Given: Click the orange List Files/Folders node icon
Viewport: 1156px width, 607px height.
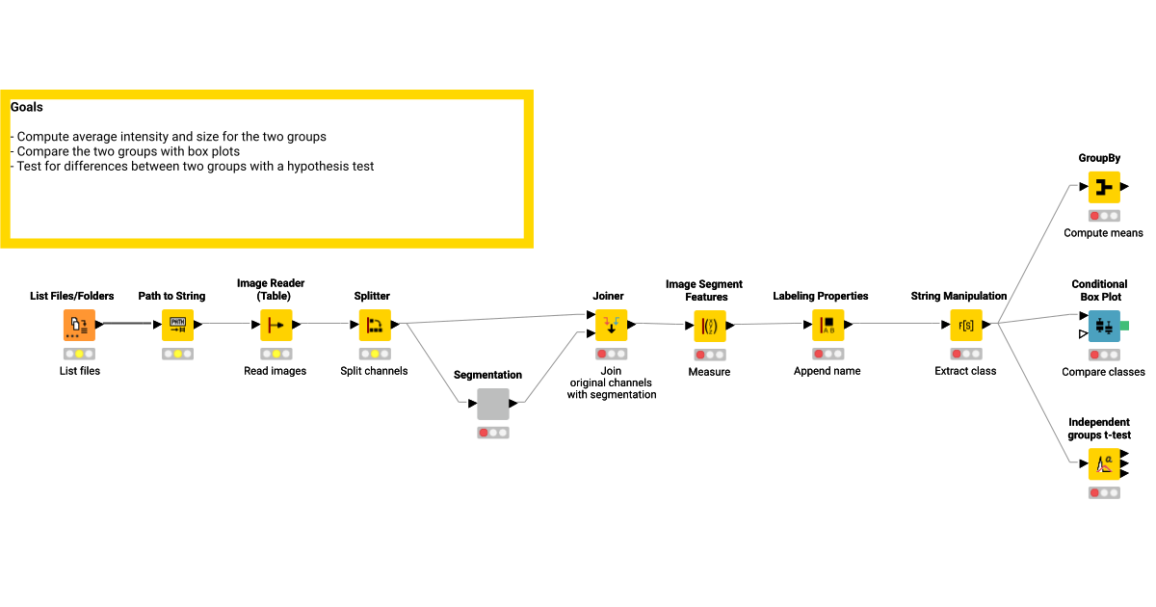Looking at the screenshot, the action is click(x=79, y=326).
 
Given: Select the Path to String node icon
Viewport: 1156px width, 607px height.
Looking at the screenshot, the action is click(x=177, y=326).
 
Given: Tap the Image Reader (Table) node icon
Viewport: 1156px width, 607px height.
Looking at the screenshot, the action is click(x=276, y=326).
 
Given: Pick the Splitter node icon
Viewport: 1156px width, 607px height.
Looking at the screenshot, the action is click(x=375, y=326).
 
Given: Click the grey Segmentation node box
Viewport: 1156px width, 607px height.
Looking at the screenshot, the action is click(x=493, y=404).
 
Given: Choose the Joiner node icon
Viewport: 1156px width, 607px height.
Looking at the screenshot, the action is click(x=611, y=326).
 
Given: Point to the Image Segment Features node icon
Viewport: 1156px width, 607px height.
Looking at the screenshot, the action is click(x=710, y=327).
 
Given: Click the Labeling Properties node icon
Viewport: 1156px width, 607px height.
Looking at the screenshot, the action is click(x=828, y=326).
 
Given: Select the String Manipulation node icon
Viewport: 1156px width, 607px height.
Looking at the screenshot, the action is click(x=966, y=326).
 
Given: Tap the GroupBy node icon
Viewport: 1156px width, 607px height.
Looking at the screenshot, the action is click(x=1104, y=187).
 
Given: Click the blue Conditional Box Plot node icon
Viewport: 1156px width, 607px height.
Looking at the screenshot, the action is click(x=1104, y=327).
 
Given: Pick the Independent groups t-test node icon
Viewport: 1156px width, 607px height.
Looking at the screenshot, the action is click(x=1104, y=464).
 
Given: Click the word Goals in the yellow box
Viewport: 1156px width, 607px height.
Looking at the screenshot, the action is click(x=26, y=107).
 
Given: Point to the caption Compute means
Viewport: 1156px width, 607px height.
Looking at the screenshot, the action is click(x=1103, y=233).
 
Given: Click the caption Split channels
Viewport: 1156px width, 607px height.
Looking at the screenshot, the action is click(x=374, y=371).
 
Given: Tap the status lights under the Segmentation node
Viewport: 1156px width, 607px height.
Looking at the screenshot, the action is click(x=493, y=433).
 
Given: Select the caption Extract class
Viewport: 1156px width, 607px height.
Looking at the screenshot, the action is click(x=965, y=371).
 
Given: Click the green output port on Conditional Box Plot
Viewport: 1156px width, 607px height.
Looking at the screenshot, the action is click(x=1125, y=326).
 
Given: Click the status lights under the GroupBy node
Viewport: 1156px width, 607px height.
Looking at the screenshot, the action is click(x=1104, y=216).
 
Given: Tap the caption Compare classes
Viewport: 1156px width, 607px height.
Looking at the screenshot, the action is click(x=1103, y=372).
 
